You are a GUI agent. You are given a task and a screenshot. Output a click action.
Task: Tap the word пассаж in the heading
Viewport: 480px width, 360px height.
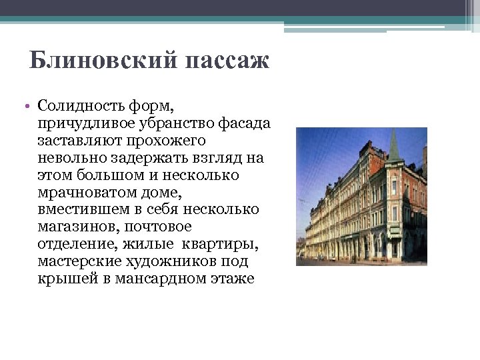(x=227, y=61)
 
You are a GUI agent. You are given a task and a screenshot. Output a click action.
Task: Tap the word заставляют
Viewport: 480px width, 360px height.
(x=77, y=141)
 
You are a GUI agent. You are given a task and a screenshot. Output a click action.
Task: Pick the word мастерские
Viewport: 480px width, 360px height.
(x=77, y=261)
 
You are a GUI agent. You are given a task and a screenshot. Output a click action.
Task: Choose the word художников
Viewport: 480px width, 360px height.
(x=171, y=261)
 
